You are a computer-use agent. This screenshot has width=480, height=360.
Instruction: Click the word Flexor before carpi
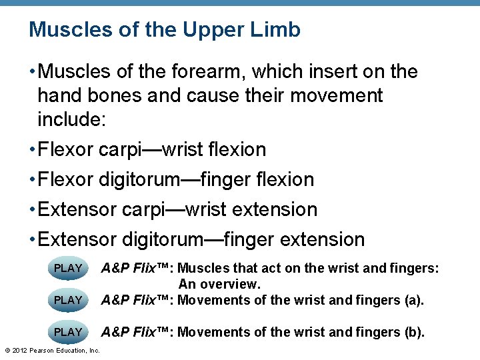(66, 149)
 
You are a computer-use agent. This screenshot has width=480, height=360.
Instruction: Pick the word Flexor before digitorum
(66, 179)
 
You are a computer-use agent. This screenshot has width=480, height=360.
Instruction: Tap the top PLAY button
(68, 268)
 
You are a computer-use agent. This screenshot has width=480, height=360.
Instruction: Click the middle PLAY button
(68, 300)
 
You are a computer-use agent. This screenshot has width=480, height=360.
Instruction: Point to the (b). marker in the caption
(413, 332)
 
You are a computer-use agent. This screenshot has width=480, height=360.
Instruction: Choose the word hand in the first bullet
(59, 95)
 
